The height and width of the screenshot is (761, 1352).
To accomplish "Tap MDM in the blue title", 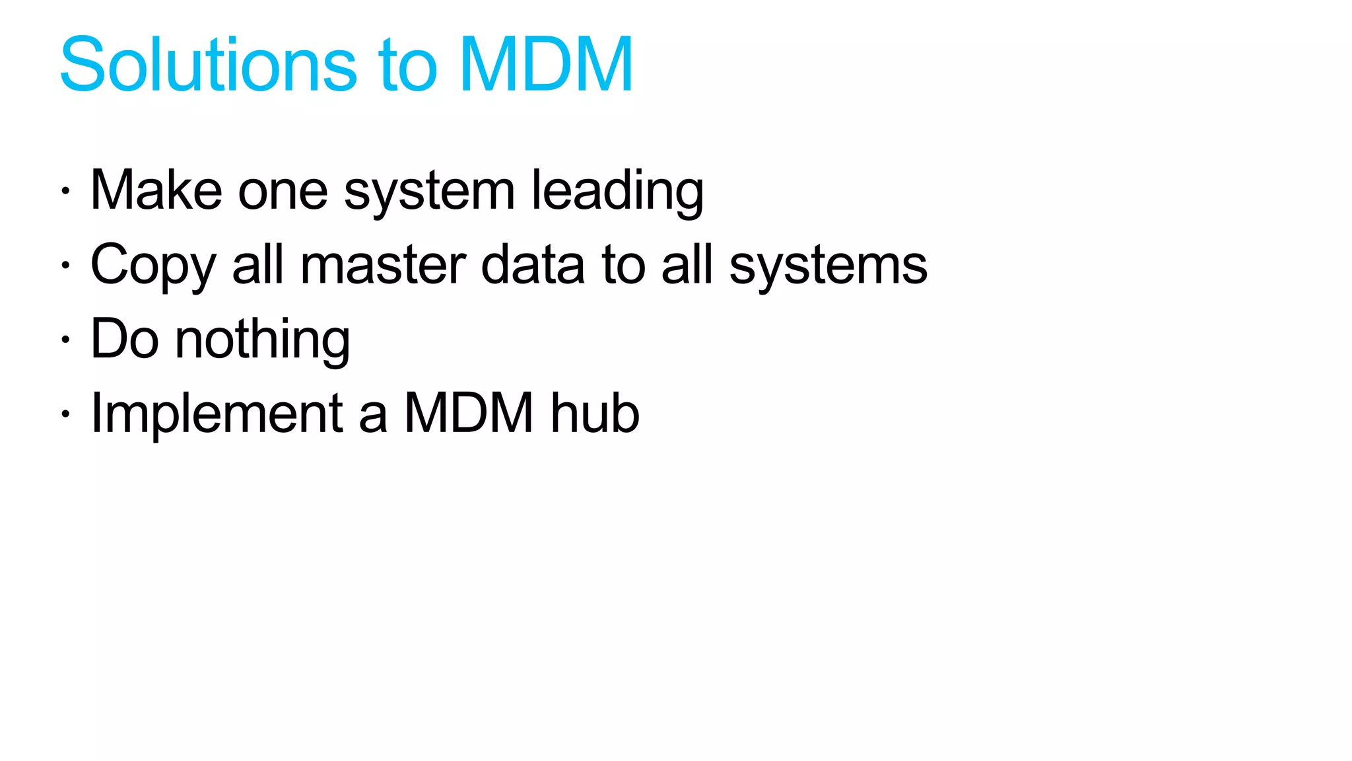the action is tap(546, 65).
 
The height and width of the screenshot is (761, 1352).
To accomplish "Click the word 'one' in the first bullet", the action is tap(283, 192).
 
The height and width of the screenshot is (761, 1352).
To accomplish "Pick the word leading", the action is tap(617, 192).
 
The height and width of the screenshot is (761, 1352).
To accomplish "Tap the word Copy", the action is tap(153, 266).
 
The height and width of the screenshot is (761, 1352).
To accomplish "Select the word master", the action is tap(383, 266).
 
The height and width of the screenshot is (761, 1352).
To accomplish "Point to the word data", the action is tap(533, 266).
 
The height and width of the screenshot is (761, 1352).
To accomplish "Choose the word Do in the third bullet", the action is tap(125, 339).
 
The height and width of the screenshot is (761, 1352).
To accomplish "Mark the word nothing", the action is tap(262, 340).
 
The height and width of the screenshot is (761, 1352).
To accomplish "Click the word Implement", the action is tap(217, 414).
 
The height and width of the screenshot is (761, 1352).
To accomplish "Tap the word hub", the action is tap(595, 414).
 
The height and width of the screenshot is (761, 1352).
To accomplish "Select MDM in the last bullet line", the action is tap(468, 414).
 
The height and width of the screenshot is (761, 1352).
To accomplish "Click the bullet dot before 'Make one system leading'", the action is tap(65, 192).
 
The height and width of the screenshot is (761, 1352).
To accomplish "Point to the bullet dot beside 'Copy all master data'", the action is tap(65, 266).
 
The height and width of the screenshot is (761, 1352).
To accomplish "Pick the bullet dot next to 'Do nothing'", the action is tap(65, 340).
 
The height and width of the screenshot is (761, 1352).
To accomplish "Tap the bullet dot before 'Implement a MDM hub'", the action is tap(65, 414).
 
